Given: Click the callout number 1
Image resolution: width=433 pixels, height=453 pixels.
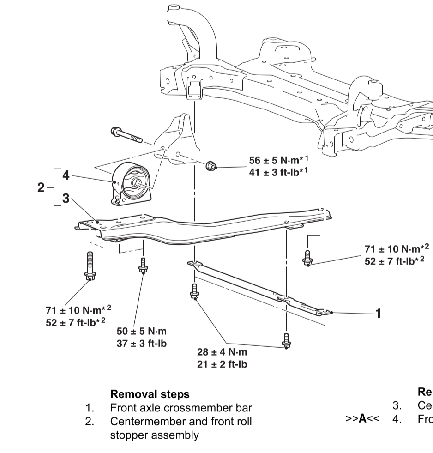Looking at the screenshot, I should [x=378, y=314].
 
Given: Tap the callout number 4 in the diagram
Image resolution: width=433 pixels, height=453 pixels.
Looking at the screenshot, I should [x=66, y=175].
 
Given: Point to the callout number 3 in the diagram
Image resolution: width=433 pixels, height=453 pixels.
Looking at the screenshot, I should [x=66, y=199].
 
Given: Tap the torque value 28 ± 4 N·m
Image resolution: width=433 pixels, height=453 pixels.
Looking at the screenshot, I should [x=222, y=352].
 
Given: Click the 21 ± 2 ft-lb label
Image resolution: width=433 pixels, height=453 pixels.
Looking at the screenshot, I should [x=222, y=364].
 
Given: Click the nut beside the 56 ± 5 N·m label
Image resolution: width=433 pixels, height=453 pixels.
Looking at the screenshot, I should [x=211, y=165].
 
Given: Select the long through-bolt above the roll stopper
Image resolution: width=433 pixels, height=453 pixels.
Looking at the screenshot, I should [x=126, y=135].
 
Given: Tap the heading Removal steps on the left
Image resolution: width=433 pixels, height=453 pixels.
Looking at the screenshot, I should [x=150, y=394].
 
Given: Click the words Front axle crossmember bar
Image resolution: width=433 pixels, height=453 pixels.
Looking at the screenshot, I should [x=181, y=408].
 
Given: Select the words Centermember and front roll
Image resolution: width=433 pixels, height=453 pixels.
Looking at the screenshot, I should [x=181, y=422].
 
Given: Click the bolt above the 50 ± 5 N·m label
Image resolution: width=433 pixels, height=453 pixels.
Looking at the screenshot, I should [x=143, y=265].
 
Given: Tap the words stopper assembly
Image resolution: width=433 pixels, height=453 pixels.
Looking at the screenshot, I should [x=154, y=435].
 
